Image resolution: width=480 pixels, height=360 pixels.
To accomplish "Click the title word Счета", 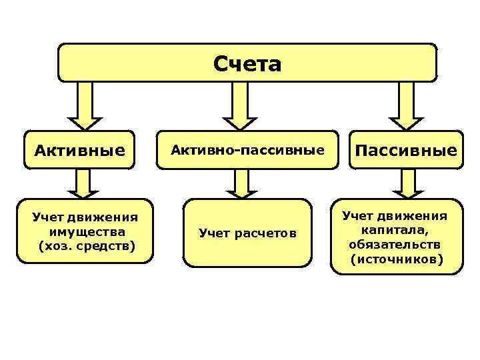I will click(x=247, y=64).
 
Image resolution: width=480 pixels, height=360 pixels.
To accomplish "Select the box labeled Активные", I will click(x=79, y=150).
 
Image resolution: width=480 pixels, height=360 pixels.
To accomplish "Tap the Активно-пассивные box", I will click(x=247, y=150).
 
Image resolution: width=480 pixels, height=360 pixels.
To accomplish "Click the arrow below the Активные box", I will click(x=83, y=183).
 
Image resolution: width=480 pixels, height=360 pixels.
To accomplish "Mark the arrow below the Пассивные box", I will click(x=407, y=183).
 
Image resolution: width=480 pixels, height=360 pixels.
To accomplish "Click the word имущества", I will click(x=87, y=232).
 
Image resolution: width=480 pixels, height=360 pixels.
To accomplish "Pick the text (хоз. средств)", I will click(x=87, y=247).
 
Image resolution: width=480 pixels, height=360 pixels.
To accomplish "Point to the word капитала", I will click(x=396, y=231).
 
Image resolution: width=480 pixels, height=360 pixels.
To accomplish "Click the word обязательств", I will click(x=395, y=245).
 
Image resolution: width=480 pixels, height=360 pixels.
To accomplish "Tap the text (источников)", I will click(x=396, y=259).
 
